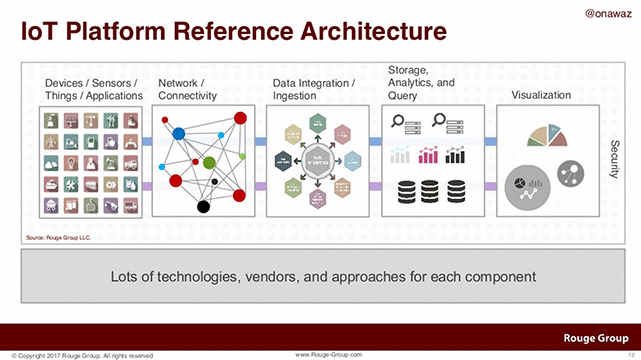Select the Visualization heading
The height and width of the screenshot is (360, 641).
coord(541,95)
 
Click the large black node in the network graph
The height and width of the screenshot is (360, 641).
coord(203,207)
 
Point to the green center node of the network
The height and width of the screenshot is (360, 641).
coord(209,162)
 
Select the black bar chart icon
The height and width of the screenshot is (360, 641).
coord(456,155)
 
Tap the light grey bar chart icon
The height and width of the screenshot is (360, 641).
coord(399,155)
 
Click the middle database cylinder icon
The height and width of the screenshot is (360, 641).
coord(427,190)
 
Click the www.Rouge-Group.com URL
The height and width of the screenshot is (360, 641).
coord(329,354)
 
